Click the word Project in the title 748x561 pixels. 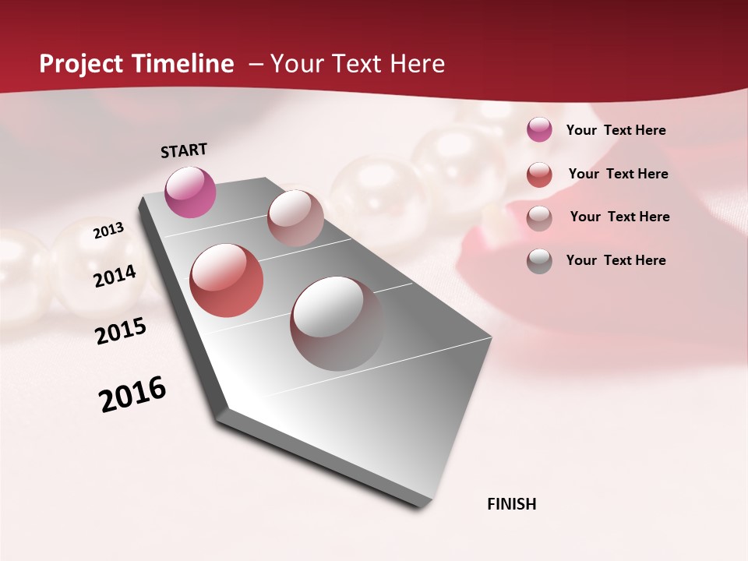point(82,64)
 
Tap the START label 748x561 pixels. point(184,150)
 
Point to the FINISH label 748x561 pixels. point(511,504)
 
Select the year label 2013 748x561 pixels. point(108,231)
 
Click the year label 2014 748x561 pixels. point(115,276)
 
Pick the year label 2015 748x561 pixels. point(121,331)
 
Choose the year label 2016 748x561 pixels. point(132,394)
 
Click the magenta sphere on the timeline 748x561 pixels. point(190,192)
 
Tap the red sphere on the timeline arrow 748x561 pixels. point(226,280)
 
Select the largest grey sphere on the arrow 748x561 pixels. point(337,323)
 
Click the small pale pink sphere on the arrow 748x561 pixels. point(295,218)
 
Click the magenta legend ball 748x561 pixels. point(539,130)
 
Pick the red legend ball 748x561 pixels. point(539,175)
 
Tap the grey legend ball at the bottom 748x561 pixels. point(539,261)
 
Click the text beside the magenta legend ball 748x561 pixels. point(616,130)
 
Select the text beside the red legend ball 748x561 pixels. point(618,174)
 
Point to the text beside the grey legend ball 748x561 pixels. point(616,260)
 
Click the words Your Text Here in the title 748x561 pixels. point(358,64)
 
